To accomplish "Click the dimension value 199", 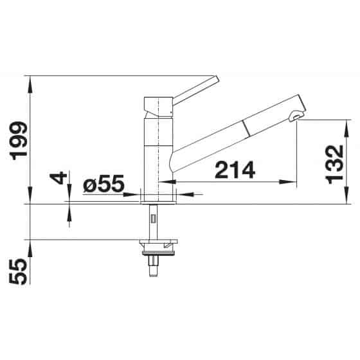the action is pos(19,141).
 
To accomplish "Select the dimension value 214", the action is pos(235,170).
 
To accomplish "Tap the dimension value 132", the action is pos(335,165).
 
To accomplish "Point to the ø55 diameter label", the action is pos(104,183).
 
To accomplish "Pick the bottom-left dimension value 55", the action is pos(19,271).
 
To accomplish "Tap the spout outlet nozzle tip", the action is pos(296,116).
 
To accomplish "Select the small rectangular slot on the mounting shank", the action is pos(153,218).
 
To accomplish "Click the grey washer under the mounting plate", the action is pos(158,253).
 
